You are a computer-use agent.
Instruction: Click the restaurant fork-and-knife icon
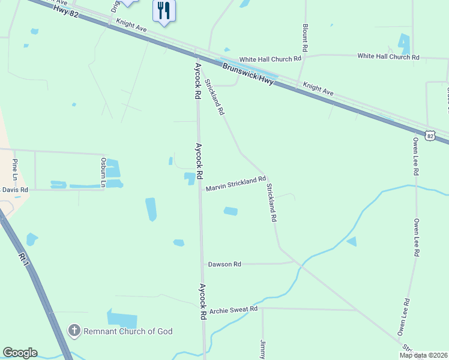[164, 10]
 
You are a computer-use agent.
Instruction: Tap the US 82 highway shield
[430, 136]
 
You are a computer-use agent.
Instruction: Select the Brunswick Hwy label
[248, 74]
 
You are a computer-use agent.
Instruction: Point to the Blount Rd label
[305, 38]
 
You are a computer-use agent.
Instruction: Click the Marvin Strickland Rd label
[236, 184]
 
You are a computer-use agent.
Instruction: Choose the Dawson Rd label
[224, 264]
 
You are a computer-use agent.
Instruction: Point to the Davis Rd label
[14, 190]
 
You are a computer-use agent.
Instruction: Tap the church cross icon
[74, 331]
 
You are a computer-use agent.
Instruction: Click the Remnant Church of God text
[128, 331]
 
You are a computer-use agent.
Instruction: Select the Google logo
[20, 353]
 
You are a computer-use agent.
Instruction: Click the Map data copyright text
[423, 355]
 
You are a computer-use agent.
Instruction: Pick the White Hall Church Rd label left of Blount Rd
[270, 59]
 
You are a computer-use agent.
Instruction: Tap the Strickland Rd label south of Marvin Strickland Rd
[271, 203]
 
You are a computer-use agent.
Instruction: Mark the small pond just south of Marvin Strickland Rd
[231, 211]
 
